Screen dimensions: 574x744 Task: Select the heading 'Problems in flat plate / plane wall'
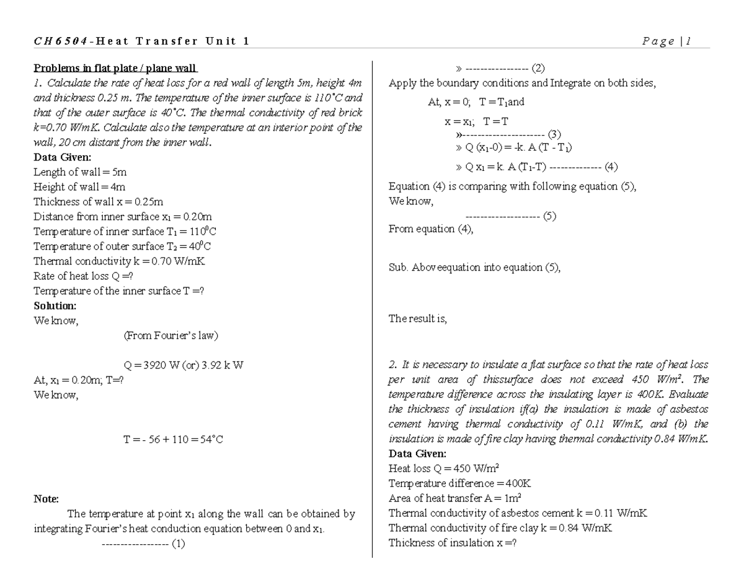coord(115,68)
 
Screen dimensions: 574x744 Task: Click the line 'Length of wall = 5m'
coord(80,172)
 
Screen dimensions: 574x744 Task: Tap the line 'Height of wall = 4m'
coord(80,187)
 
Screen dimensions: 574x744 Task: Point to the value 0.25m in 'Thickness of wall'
coord(145,202)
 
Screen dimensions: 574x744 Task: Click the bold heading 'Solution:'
coord(55,306)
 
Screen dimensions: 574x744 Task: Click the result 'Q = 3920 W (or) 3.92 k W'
coord(184,365)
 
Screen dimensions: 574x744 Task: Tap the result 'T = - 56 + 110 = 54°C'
coord(173,440)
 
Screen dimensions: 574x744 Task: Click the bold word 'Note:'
coord(46,499)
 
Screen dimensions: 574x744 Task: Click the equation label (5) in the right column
coord(549,217)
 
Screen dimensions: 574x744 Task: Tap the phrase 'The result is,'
coord(417,319)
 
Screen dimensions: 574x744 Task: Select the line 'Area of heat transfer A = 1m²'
coord(454,498)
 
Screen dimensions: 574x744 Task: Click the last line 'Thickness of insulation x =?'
coord(453,543)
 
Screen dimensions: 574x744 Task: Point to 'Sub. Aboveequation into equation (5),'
coord(474,267)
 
